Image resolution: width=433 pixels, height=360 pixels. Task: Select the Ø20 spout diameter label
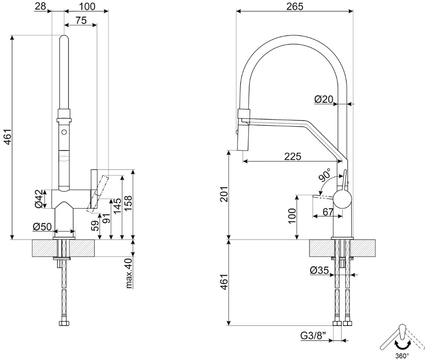coord(324,99)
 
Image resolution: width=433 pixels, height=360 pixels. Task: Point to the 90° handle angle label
coord(325,175)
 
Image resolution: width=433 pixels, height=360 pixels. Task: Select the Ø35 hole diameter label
coord(319,270)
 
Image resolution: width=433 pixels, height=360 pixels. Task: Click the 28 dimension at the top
coord(40,6)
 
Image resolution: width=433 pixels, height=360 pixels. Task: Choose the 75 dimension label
coord(80,20)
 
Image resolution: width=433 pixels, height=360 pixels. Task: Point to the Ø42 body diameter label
coord(39,199)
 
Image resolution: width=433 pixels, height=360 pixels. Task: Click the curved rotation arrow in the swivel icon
coord(402,344)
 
